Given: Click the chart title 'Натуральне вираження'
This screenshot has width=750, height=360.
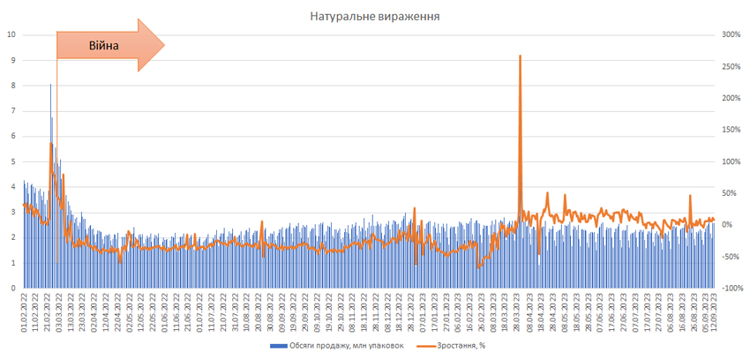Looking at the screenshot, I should [x=375, y=16].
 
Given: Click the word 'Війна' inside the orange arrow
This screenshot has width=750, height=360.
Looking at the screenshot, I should [x=102, y=46].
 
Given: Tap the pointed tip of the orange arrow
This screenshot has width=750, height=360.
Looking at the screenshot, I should [x=164, y=46].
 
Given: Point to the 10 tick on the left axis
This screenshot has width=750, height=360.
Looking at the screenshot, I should [x=11, y=35].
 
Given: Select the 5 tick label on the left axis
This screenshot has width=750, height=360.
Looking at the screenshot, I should [x=12, y=161].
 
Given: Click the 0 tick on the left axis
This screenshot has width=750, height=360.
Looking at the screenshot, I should [x=12, y=288].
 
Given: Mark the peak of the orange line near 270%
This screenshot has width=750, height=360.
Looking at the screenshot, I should [x=520, y=56].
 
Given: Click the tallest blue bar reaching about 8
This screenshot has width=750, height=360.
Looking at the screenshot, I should [x=50, y=85].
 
